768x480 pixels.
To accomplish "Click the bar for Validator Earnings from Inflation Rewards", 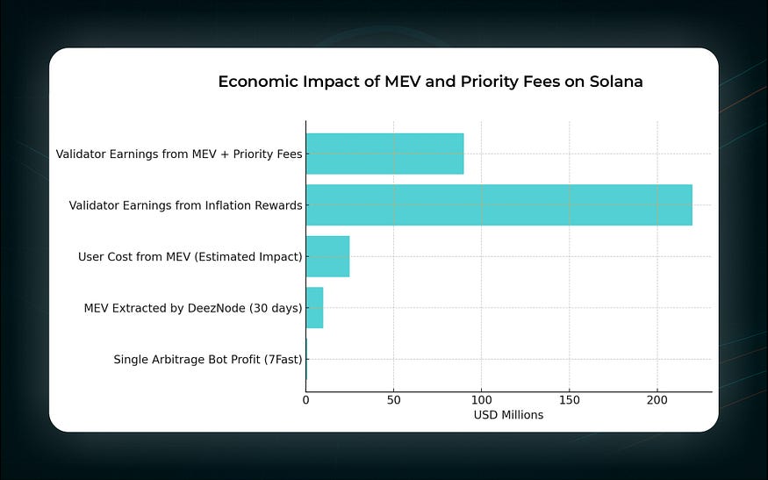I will click(x=499, y=205).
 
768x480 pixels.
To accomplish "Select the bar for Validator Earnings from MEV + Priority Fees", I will click(x=384, y=154).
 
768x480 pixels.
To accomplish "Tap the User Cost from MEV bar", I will click(x=327, y=256).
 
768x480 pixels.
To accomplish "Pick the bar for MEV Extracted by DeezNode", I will click(x=314, y=308).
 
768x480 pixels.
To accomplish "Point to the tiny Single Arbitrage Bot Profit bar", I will click(x=306, y=359).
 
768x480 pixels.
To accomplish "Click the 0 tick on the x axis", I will click(x=306, y=399).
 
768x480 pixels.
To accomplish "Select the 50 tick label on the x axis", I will click(x=393, y=399).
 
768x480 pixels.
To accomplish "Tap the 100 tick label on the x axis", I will click(x=481, y=399).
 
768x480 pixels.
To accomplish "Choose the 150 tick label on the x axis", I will click(x=569, y=399).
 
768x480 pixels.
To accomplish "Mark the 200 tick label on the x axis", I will click(x=657, y=399).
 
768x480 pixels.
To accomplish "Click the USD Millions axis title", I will click(x=508, y=415).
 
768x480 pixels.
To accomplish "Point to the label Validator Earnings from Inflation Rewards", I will click(x=186, y=205).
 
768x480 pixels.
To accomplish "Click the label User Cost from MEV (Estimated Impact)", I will click(x=190, y=256).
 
